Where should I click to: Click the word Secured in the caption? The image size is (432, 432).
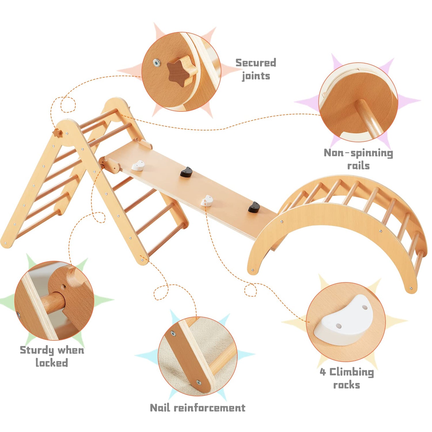point(256,62)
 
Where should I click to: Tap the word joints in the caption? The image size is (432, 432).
point(256,76)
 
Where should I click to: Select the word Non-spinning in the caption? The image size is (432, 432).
point(358,153)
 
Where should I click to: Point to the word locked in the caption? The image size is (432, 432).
point(52,363)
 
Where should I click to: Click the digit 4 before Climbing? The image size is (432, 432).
point(323,372)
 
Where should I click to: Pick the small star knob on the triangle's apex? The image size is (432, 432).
point(57,132)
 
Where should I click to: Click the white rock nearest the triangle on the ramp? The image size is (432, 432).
point(138,166)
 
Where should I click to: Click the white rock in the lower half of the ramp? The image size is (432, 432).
point(207,200)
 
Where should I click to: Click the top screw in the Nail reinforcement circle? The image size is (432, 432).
point(173,333)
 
